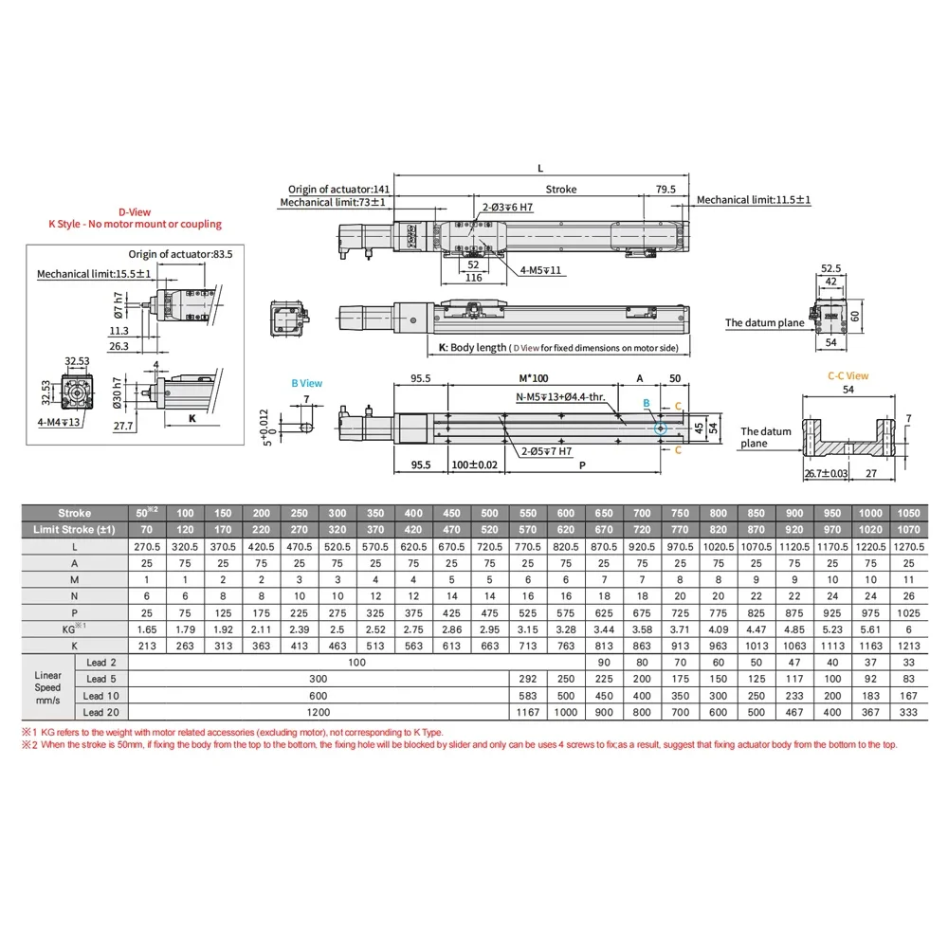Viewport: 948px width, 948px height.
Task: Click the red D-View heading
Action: tap(135, 212)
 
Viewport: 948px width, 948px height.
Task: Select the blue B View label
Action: tap(306, 383)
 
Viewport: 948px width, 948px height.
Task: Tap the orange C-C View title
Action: tap(848, 376)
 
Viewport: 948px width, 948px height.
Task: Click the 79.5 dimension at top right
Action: tap(665, 190)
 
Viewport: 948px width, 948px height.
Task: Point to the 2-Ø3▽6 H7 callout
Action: tap(507, 208)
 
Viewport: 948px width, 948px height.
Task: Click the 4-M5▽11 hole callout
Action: tap(540, 270)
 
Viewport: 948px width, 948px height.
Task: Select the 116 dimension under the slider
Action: tap(473, 278)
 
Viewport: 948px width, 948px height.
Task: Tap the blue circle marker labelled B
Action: tap(660, 428)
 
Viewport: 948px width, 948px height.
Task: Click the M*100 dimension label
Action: tap(533, 378)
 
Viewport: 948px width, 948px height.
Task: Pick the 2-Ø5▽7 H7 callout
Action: tap(547, 451)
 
